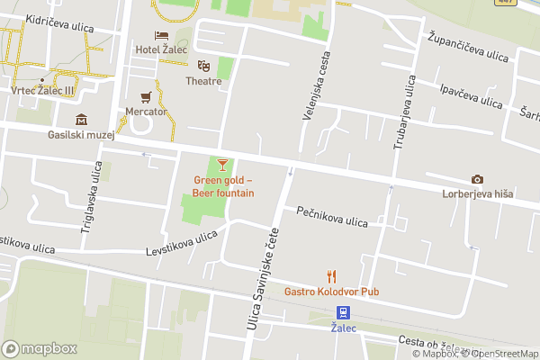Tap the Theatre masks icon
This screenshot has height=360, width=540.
tap(204, 66)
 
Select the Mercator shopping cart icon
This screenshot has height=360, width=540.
tap(146, 97)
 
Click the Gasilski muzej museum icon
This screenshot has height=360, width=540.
tap(82, 120)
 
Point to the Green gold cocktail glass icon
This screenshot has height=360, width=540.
tap(223, 164)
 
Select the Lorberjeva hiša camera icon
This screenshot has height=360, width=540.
tap(477, 179)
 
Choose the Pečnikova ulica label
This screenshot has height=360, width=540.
tap(332, 217)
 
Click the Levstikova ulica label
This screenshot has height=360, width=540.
tap(182, 243)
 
